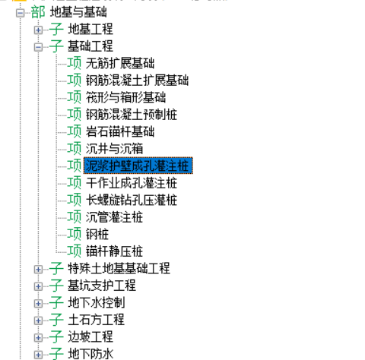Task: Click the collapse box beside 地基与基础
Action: point(20,13)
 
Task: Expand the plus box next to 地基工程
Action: point(38,30)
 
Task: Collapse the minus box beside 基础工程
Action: point(38,47)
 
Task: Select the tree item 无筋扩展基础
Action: point(120,63)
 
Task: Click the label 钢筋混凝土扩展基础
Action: point(137,81)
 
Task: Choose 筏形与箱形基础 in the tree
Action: point(126,97)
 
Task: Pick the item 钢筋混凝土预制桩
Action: point(132,115)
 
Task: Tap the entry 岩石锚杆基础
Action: point(120,131)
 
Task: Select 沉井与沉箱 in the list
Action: point(115,149)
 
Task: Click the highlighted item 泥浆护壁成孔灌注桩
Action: point(138,166)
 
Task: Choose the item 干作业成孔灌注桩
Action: point(132,183)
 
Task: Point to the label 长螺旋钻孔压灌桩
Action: point(132,200)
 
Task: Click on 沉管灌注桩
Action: point(115,217)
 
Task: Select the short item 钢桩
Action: point(97,234)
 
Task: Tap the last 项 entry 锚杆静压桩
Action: point(115,251)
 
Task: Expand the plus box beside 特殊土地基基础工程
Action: point(38,270)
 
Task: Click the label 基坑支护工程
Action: point(102,286)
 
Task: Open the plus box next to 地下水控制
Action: point(38,304)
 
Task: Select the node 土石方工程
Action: point(97,320)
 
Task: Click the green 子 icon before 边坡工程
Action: point(56,336)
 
